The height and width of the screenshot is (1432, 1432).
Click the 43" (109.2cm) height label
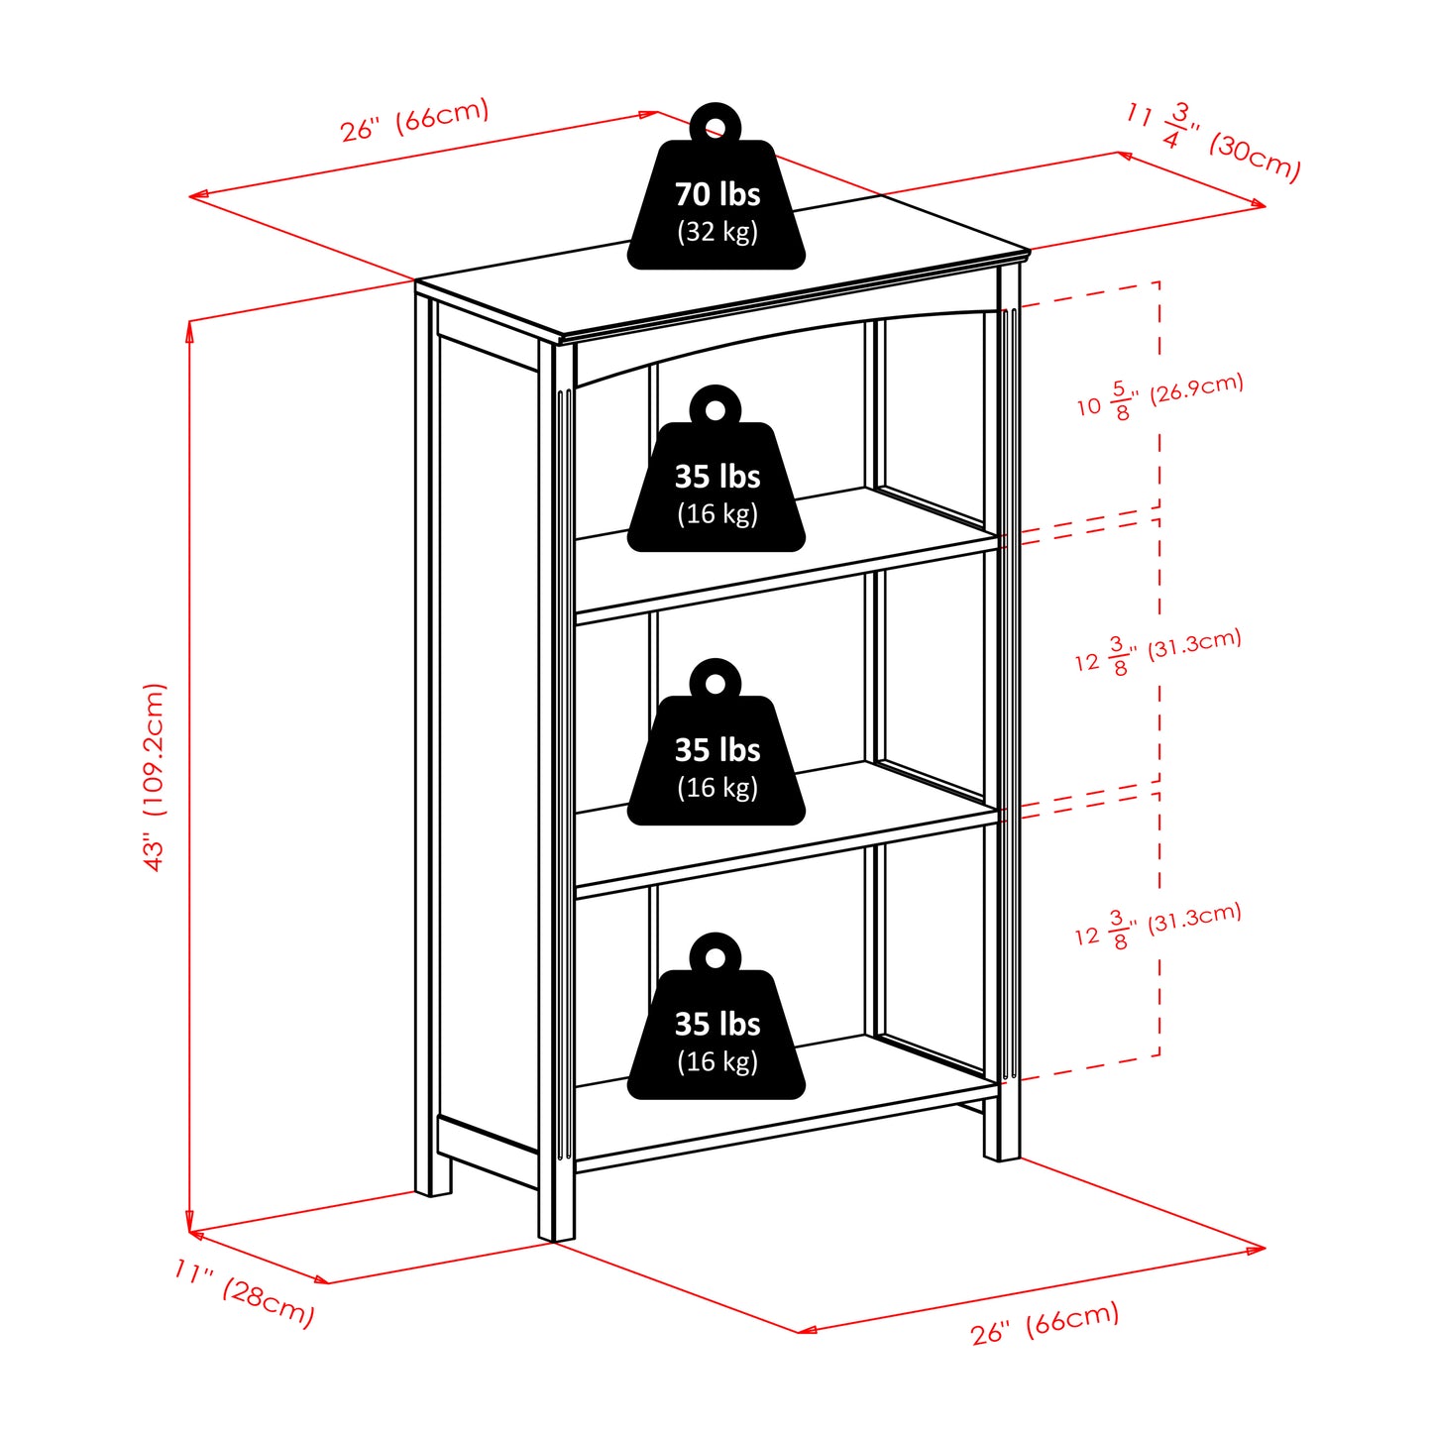coord(155,777)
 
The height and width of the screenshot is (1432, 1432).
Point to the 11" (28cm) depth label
coord(244,1292)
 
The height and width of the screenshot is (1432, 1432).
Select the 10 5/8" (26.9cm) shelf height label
coord(1159,396)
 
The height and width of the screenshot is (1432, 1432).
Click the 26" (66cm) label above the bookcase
coord(414,120)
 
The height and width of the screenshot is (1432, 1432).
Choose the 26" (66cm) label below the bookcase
coord(1045,1323)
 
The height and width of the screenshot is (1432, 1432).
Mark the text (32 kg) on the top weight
coord(716,232)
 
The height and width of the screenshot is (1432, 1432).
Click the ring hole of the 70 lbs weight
coord(716,126)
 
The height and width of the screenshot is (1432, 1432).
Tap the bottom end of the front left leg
coord(556,1234)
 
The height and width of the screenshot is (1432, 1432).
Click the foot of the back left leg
coord(433,1189)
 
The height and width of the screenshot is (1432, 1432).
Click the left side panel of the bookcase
coord(488,743)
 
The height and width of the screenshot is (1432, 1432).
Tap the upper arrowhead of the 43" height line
coord(189,330)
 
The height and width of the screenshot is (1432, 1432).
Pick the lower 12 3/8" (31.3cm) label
coord(1157,926)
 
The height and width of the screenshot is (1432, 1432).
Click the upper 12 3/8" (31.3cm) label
coord(1157,651)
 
